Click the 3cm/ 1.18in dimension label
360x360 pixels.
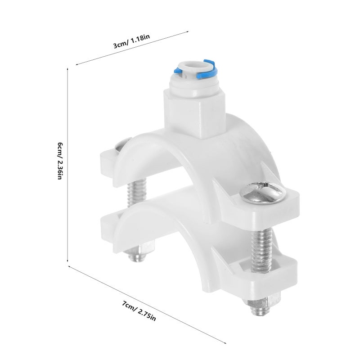coord(131,41)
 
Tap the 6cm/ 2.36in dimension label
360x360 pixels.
coord(60,161)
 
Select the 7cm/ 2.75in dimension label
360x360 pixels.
coord(139,311)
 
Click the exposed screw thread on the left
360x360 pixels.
coord(137,193)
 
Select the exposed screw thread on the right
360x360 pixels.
coord(262,250)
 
